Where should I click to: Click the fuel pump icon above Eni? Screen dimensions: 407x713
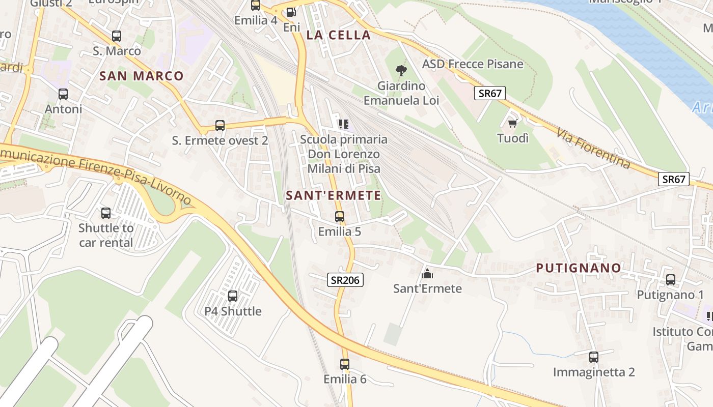pos(291,12)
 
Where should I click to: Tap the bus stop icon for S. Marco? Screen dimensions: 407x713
pos(117,36)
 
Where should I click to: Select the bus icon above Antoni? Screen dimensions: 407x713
pos(63,94)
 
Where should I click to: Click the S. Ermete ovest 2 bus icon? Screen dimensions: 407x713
pos(220,126)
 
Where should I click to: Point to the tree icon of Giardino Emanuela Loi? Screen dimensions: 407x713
pos(401,71)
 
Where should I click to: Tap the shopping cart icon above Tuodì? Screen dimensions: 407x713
pos(513,124)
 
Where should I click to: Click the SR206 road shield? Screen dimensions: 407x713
pos(345,280)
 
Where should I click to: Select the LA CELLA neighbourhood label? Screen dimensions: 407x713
pos(338,35)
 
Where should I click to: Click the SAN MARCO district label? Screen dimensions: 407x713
pos(141,76)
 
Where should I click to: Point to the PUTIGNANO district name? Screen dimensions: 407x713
pos(579,268)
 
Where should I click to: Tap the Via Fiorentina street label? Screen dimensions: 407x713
pos(593,148)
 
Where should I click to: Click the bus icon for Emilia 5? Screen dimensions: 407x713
pos(340,217)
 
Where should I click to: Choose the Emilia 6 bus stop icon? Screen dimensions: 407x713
pos(345,364)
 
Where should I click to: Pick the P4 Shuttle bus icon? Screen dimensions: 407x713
pos(233,296)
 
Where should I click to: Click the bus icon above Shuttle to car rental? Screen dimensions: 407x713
pos(106,213)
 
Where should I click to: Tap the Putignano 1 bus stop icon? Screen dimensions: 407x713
pos(671,280)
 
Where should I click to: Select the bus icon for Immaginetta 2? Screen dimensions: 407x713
pos(594,357)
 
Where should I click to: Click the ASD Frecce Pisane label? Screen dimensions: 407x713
pos(473,64)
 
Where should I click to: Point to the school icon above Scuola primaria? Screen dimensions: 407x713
pos(343,124)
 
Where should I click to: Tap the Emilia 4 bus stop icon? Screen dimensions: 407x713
pos(256,6)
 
